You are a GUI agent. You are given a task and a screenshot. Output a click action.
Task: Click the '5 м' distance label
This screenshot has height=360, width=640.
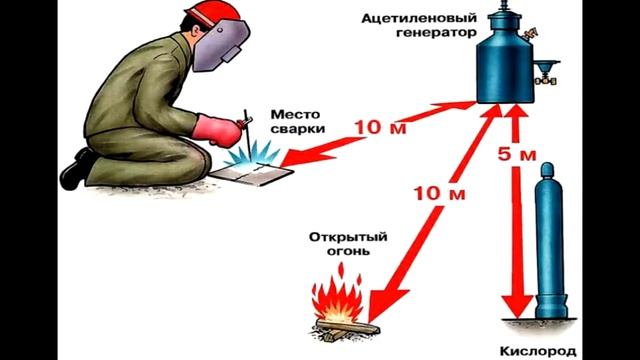[x=519, y=154]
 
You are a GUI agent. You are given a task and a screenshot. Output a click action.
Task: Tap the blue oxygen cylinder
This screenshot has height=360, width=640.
[x=554, y=246]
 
